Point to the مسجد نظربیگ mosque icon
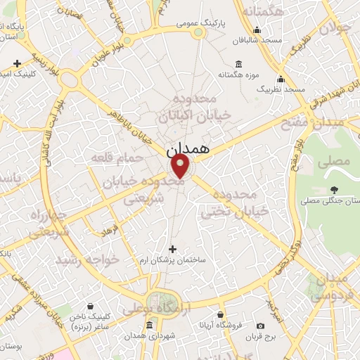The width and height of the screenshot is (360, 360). [x=281, y=79]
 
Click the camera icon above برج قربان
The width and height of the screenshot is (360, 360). [x=260, y=326]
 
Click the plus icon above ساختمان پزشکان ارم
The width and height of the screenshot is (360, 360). [x=173, y=249]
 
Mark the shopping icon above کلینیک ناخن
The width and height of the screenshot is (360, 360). [x=91, y=307]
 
